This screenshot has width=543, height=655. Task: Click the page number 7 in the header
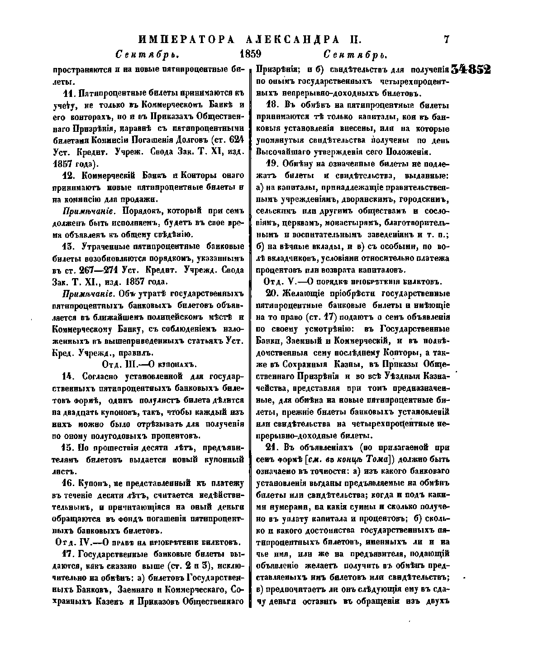(x=447, y=39)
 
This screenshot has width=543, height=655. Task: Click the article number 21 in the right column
(x=271, y=448)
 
